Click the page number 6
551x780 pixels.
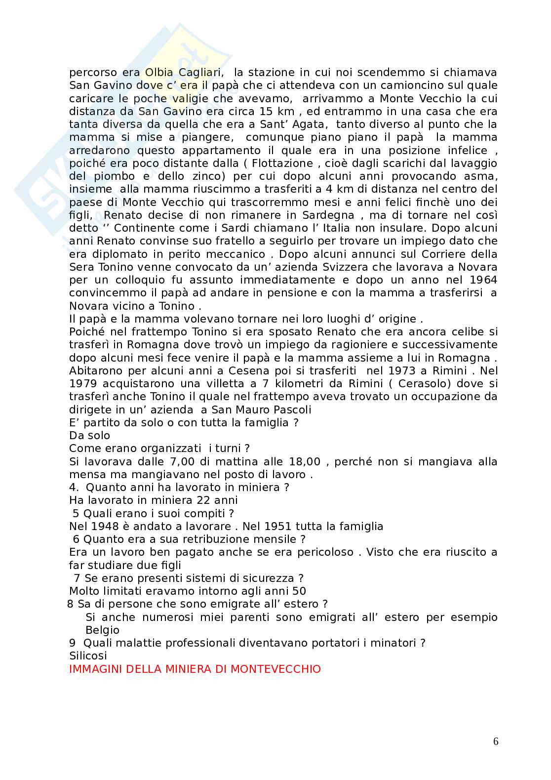(x=496, y=741)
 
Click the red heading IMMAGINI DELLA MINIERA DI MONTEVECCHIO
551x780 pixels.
(x=195, y=669)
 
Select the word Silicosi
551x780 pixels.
(x=88, y=656)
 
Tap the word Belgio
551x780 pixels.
(x=103, y=630)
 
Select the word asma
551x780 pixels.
(x=481, y=176)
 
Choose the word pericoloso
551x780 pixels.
(x=323, y=552)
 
